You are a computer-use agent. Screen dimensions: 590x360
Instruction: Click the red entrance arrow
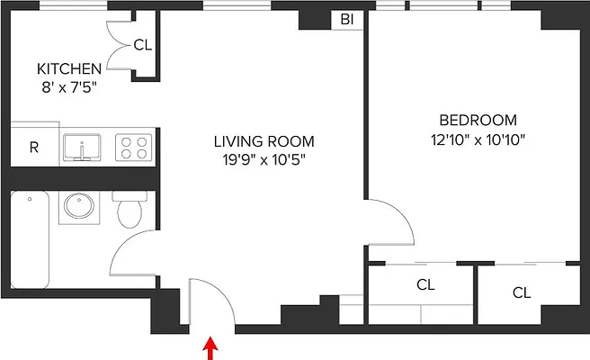point(210,348)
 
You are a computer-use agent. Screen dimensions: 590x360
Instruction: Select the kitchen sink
point(82,148)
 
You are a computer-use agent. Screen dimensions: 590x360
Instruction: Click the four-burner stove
point(134,148)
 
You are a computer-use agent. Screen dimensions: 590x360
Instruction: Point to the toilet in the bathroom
point(130,209)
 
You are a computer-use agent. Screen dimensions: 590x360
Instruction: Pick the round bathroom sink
point(79,206)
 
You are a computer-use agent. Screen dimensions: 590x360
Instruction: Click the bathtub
point(30,239)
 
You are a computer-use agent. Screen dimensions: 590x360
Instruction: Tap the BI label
point(347,20)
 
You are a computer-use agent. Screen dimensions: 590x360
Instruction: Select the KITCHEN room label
point(69,69)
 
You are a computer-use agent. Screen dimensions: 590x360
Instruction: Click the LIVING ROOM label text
point(264,141)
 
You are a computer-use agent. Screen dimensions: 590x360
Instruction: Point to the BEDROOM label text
point(478,120)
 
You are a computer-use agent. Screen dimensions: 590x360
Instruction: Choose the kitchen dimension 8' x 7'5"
point(69,87)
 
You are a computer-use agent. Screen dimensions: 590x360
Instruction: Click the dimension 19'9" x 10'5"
point(264,159)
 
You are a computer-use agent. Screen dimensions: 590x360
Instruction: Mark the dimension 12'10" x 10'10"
point(478,139)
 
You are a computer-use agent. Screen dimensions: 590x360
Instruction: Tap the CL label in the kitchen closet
point(143,45)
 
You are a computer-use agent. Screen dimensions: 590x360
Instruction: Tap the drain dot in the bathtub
point(30,199)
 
